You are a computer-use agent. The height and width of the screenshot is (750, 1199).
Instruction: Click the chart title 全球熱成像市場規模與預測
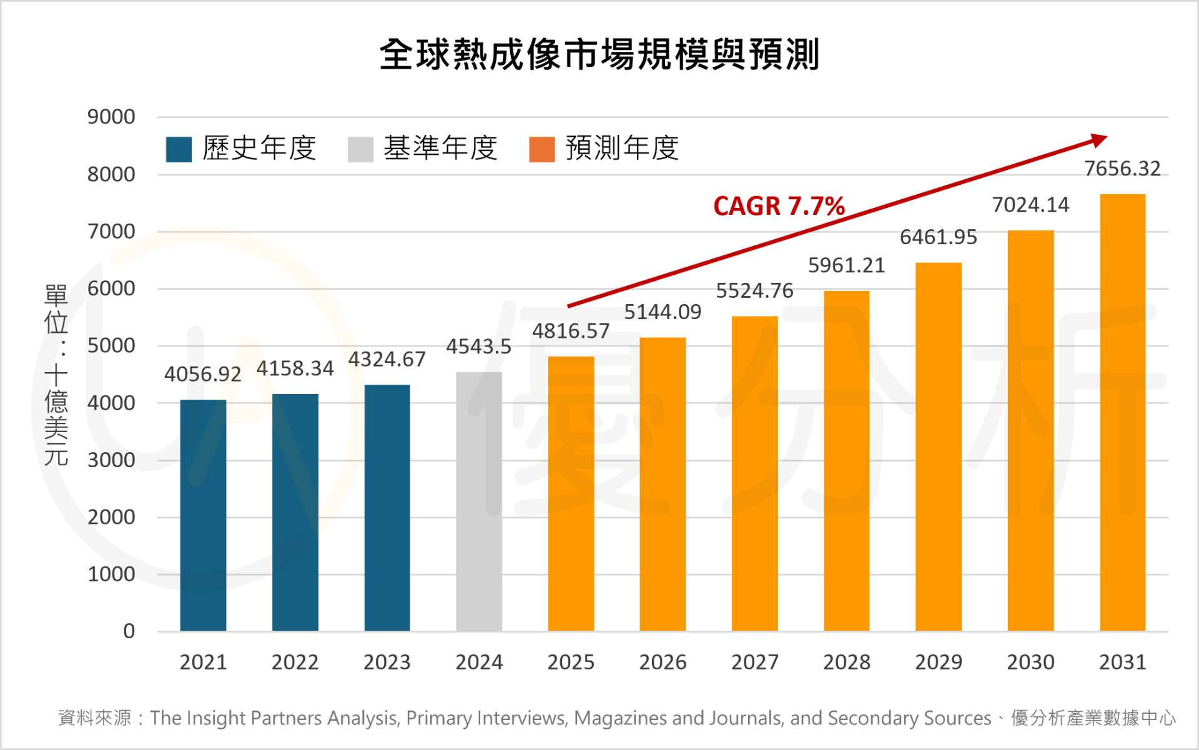coord(599,55)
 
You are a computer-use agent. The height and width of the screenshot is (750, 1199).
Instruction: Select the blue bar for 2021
coord(203,515)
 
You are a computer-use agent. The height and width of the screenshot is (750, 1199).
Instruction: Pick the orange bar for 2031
coord(1122,412)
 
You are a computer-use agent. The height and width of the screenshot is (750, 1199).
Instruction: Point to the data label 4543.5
coord(478,347)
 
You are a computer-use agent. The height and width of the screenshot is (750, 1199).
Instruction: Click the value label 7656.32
coord(1122,169)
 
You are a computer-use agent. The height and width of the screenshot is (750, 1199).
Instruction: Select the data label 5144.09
coord(663,312)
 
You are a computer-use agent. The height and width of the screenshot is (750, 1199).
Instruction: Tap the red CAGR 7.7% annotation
coord(779,206)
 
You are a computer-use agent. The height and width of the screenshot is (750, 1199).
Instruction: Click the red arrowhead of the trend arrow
coord(1100,139)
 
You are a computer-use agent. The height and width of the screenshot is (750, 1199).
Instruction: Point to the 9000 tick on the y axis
coord(111,117)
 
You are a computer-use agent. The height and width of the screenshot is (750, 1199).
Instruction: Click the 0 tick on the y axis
coord(129,631)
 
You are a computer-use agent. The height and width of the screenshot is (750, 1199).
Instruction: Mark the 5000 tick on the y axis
coord(111,345)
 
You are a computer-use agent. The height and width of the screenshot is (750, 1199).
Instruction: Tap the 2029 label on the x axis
coord(938,662)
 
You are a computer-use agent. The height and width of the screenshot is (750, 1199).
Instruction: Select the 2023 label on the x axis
coord(387,662)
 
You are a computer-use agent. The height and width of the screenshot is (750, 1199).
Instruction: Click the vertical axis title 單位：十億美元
coord(56,375)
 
